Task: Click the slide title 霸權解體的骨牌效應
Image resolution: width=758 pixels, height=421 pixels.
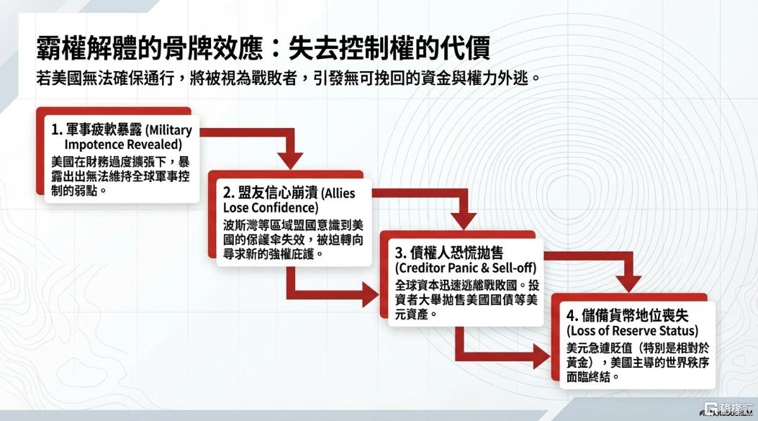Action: [150, 47]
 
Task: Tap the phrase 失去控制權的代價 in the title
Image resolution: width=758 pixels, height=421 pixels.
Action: [389, 47]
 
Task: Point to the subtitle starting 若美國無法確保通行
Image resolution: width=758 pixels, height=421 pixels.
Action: [288, 78]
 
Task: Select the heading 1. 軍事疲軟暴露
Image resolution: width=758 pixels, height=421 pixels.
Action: [96, 130]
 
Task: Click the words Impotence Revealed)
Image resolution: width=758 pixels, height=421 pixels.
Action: [123, 145]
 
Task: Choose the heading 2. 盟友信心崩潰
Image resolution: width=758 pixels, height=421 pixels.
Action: [269, 193]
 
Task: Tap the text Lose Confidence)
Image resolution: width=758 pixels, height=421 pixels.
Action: [271, 208]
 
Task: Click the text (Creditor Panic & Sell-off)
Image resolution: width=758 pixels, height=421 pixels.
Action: [466, 268]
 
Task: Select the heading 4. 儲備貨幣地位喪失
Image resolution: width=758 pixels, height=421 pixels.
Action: [628, 316]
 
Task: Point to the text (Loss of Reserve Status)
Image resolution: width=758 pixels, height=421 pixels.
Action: [633, 330]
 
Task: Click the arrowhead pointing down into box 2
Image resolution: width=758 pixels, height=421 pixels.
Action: [290, 160]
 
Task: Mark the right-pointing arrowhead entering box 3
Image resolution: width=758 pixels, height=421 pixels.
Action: [370, 295]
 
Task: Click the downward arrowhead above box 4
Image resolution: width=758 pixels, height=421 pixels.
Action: [629, 284]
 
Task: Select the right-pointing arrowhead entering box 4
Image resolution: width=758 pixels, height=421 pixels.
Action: [542, 357]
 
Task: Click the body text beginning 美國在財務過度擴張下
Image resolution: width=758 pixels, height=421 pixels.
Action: [120, 176]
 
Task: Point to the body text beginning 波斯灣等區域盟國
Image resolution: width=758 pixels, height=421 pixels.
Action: [293, 239]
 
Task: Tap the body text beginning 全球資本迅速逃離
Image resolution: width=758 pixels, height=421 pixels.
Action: [467, 299]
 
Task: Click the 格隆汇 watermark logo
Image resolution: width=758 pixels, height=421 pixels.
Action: [728, 409]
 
